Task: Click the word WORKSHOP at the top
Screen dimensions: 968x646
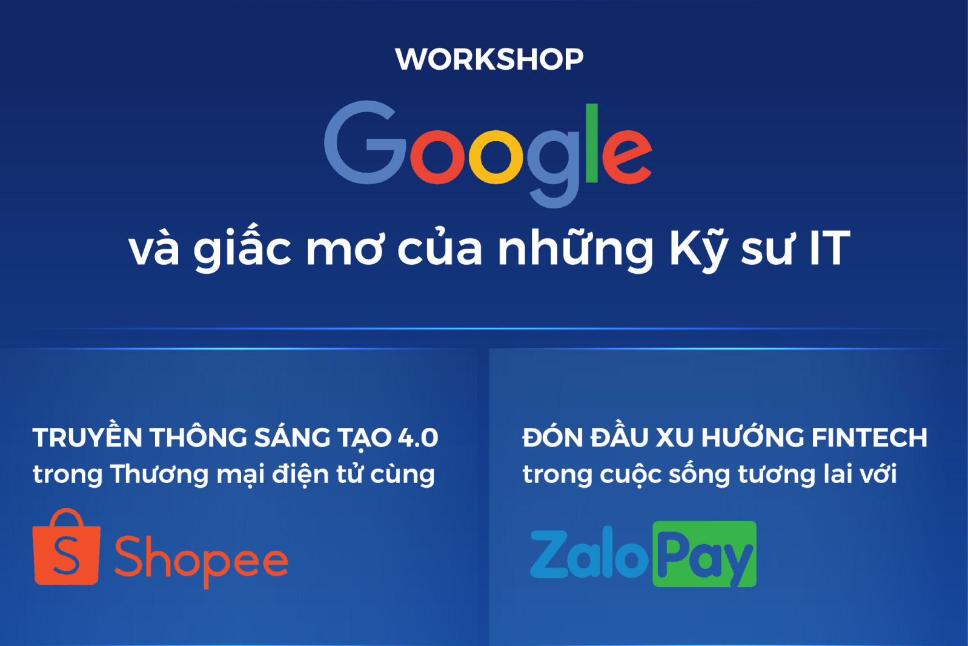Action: (x=489, y=59)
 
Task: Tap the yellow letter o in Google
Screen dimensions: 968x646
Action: (x=496, y=156)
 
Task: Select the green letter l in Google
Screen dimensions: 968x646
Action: (x=592, y=143)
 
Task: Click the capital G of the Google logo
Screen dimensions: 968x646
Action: (x=365, y=142)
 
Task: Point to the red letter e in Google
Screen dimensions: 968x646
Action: (x=626, y=156)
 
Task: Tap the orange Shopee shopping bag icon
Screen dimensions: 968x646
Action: (x=67, y=547)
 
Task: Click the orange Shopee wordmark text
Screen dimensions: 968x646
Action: (x=201, y=561)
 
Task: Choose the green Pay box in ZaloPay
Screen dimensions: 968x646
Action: (x=704, y=554)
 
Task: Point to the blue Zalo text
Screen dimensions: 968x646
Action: (x=589, y=553)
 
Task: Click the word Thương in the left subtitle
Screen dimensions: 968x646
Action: (x=159, y=475)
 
